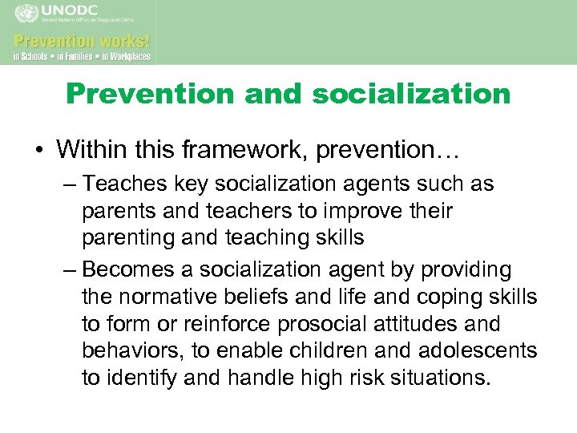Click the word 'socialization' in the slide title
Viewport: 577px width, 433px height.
point(411,94)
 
